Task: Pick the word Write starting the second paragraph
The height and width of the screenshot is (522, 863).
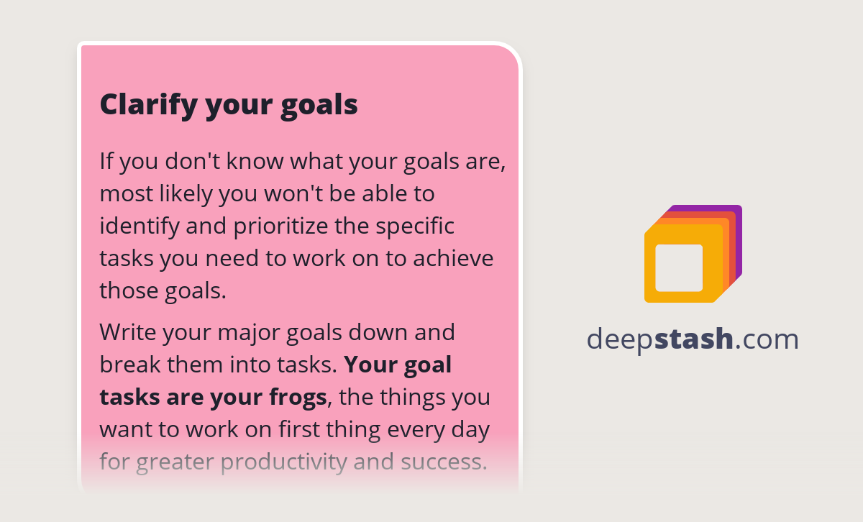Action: pyautogui.click(x=128, y=332)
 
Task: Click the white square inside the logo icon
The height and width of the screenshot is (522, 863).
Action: pyautogui.click(x=679, y=267)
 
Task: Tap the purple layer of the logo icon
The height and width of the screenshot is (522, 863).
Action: pyautogui.click(x=738, y=211)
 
